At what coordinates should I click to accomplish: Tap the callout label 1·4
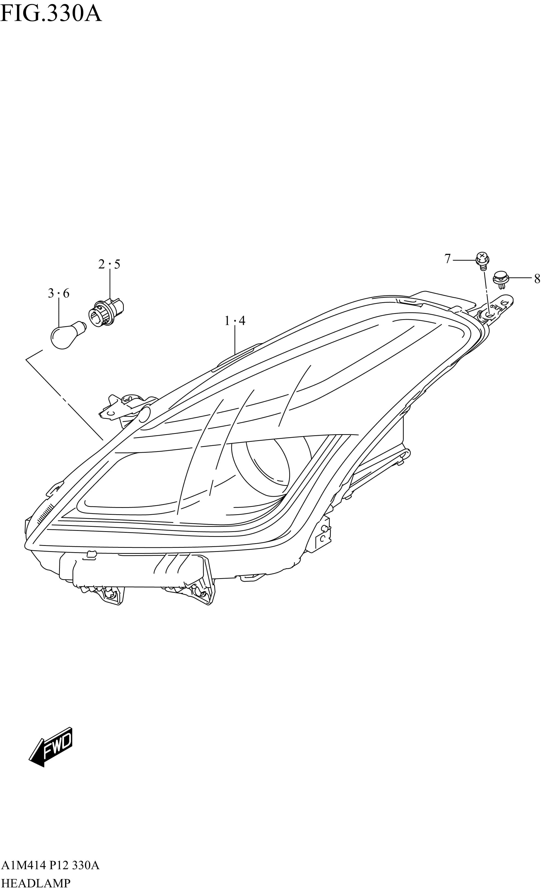235,321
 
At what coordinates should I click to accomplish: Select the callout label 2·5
109,264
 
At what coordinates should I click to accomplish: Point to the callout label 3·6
59,293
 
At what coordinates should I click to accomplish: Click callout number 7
447,259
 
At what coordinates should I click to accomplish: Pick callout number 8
537,279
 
